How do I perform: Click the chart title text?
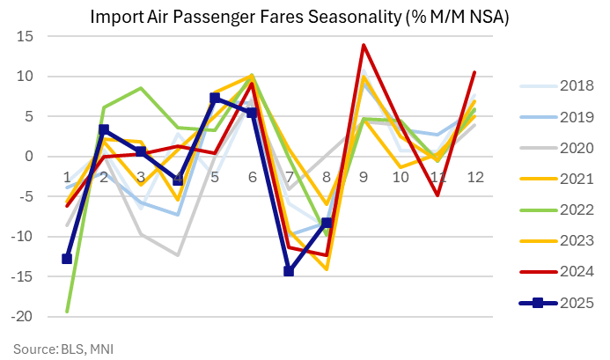pyautogui.click(x=305, y=17)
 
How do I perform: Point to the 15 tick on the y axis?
pyautogui.click(x=23, y=36)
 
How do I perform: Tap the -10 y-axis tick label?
pyautogui.click(x=21, y=237)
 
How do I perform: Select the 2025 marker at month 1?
pyautogui.click(x=67, y=259)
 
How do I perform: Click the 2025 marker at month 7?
pyautogui.click(x=289, y=271)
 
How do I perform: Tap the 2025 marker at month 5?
pyautogui.click(x=215, y=98)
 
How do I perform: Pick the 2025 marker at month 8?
pyautogui.click(x=327, y=223)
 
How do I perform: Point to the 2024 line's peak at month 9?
pyautogui.click(x=364, y=45)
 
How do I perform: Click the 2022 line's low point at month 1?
pyautogui.click(x=67, y=311)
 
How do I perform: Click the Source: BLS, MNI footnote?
pyautogui.click(x=62, y=349)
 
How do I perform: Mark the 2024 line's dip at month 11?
pyautogui.click(x=438, y=195)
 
